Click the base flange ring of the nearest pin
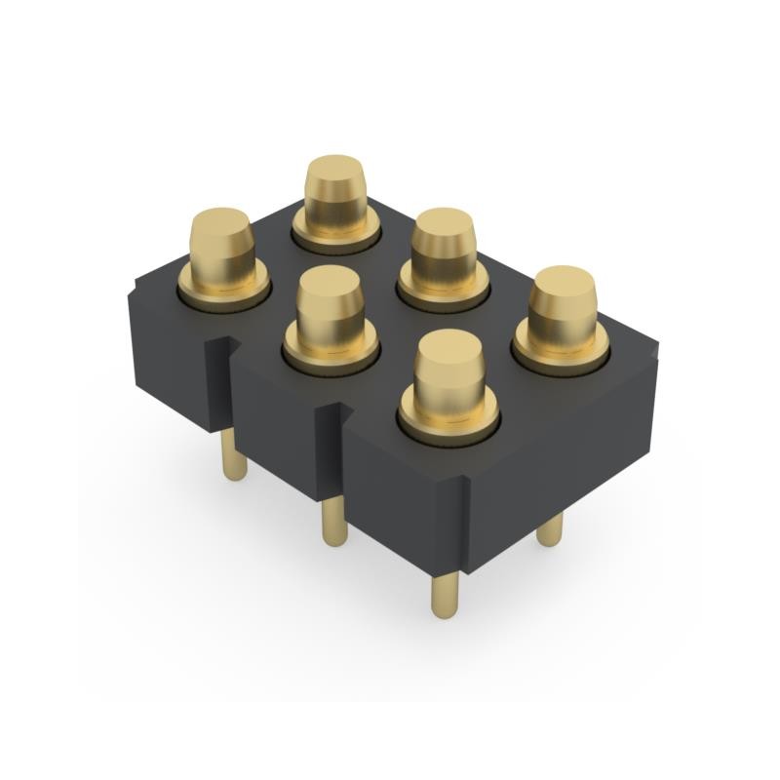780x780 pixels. coord(448,421)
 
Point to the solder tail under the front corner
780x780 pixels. coord(445,591)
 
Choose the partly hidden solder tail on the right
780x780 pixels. coord(550,527)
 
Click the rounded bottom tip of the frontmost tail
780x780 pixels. coord(445,612)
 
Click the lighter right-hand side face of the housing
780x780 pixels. coord(565,439)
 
